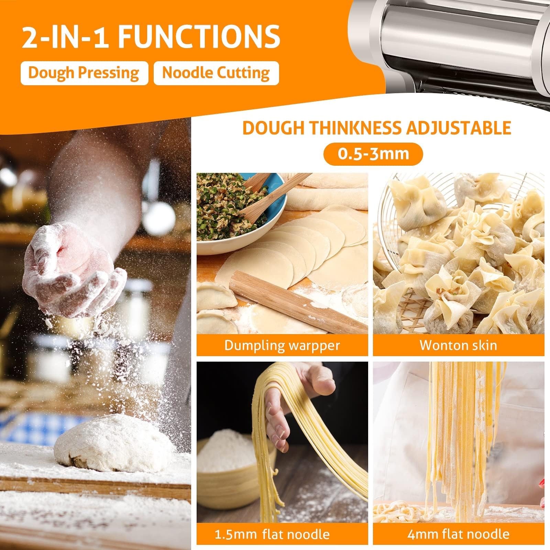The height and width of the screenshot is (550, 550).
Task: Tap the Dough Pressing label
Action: [84, 73]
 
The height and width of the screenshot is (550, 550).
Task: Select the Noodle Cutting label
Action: [216, 73]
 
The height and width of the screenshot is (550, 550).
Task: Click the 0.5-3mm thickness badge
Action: [373, 153]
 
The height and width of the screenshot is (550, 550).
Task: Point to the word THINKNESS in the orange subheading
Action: [355, 128]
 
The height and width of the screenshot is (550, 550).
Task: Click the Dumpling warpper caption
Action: [282, 345]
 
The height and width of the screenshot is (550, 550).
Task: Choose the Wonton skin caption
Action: [458, 345]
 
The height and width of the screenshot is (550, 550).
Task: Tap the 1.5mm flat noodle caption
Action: [272, 534]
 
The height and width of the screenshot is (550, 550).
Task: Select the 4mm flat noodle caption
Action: [458, 534]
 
